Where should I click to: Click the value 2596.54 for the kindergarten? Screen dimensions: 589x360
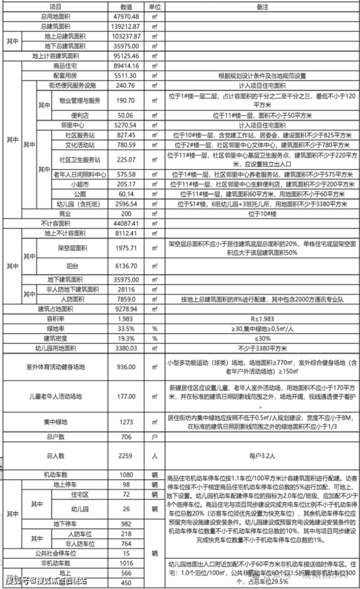pyautogui.click(x=126, y=204)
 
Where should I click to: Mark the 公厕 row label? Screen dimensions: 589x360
pyautogui.click(x=79, y=194)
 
